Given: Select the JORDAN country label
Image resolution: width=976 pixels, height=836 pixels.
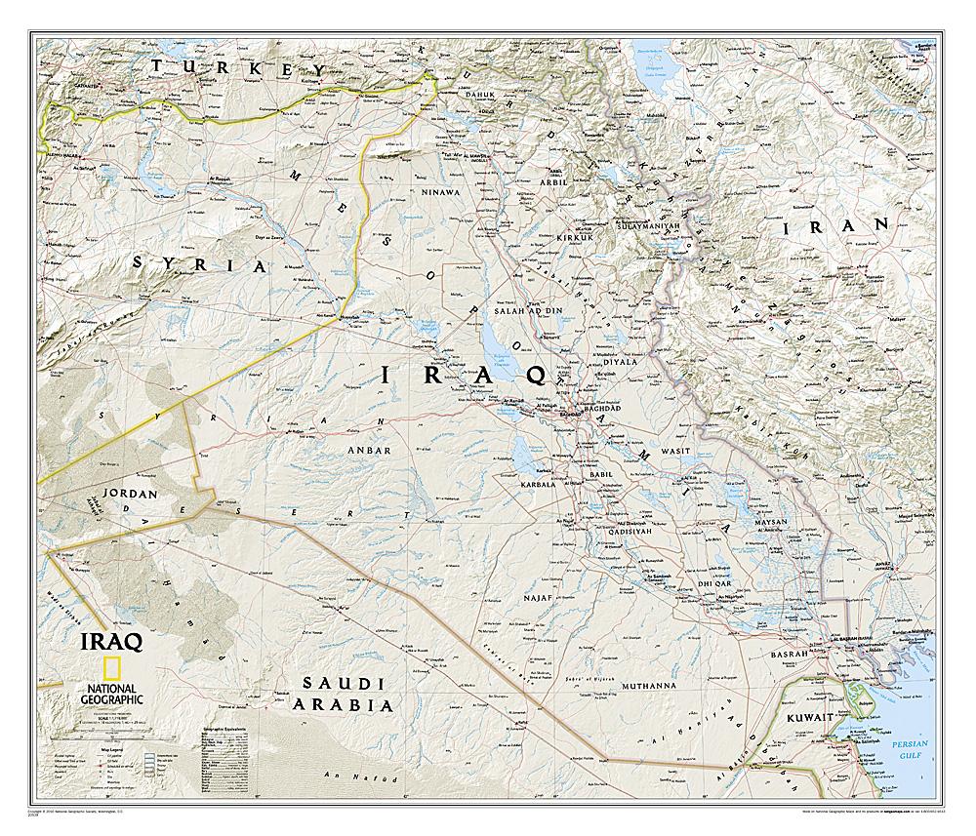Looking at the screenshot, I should coord(124,494).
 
